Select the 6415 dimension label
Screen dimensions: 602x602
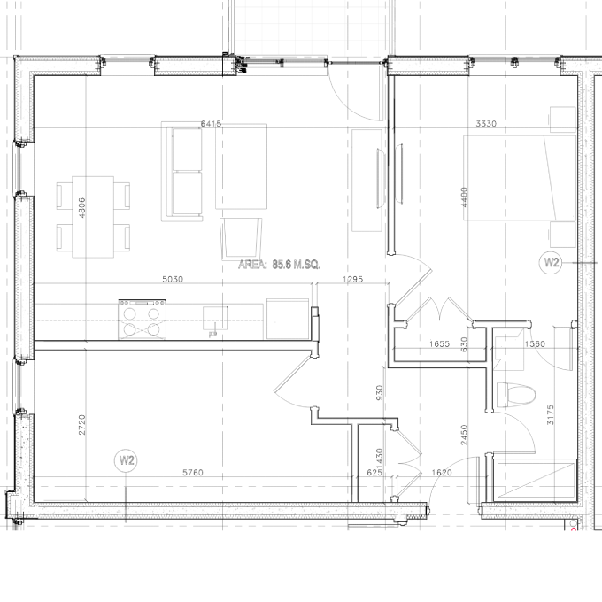pos(211,124)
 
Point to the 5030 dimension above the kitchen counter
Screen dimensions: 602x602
pos(172,280)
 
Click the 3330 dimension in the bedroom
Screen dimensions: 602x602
pos(485,124)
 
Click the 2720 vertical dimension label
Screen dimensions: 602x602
pos(82,424)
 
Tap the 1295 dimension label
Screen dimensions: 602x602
pos(353,280)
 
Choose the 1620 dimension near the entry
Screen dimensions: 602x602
pos(442,473)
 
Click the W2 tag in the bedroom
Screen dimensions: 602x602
pos(551,262)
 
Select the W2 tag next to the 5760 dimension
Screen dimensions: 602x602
pos(127,460)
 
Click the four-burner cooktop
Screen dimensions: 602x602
pos(143,319)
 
